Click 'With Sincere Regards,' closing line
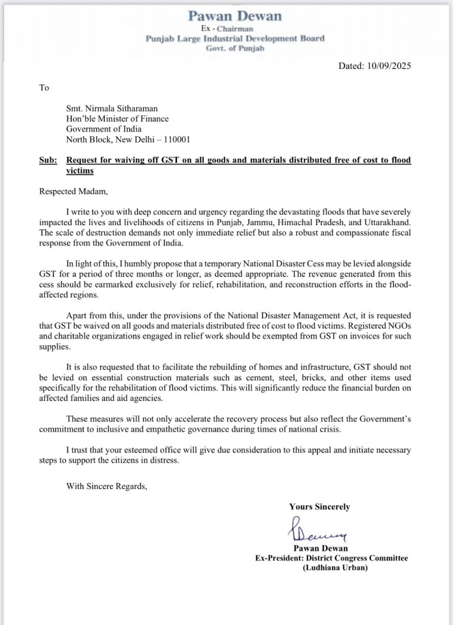tap(107, 485)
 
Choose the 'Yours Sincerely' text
tap(319, 507)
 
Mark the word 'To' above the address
tap(44, 87)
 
